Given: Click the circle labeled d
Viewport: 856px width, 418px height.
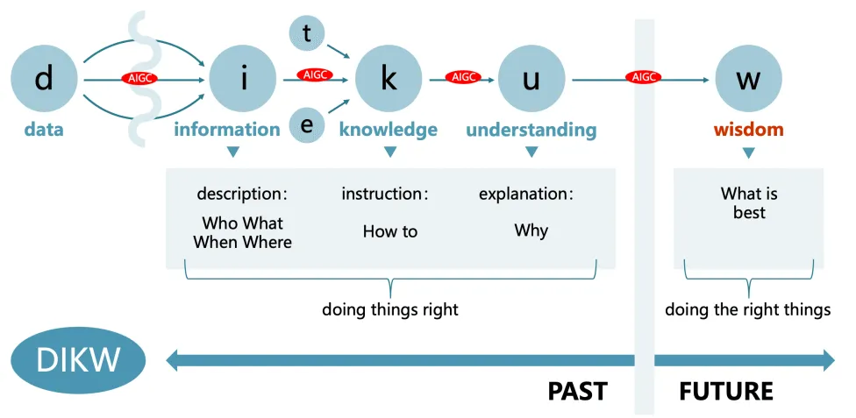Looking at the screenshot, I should coord(44,79).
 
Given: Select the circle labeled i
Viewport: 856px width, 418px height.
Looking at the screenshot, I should coord(243,79).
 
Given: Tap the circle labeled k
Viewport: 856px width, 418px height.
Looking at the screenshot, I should coord(389,79).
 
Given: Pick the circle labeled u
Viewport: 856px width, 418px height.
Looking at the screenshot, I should coord(531,79).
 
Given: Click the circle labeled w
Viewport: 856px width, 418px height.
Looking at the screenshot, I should coord(748,79).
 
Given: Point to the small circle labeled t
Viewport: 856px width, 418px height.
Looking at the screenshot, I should coord(307,33).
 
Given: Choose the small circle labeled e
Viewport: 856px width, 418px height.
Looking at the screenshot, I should coord(307,125).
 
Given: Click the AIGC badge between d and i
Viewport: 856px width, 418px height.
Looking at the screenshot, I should coord(139,79).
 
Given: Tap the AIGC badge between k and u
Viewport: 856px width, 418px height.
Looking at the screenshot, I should coord(462,77).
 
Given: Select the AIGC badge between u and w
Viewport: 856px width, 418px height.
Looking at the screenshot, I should coord(643,77).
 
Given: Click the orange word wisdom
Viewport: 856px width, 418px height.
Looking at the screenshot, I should coord(748,130).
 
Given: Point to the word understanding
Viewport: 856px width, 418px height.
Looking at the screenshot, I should coord(531,130).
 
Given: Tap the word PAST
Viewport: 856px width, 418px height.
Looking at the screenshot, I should coord(577,391).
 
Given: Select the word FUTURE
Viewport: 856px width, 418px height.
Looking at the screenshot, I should coord(726,391).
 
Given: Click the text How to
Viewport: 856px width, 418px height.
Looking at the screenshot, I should coord(390,231).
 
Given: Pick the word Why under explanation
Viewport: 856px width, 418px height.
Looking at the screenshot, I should coord(531,230).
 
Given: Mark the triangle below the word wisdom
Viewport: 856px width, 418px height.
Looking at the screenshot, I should coord(748,153).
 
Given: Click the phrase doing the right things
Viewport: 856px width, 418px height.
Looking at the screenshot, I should coord(747,309).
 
